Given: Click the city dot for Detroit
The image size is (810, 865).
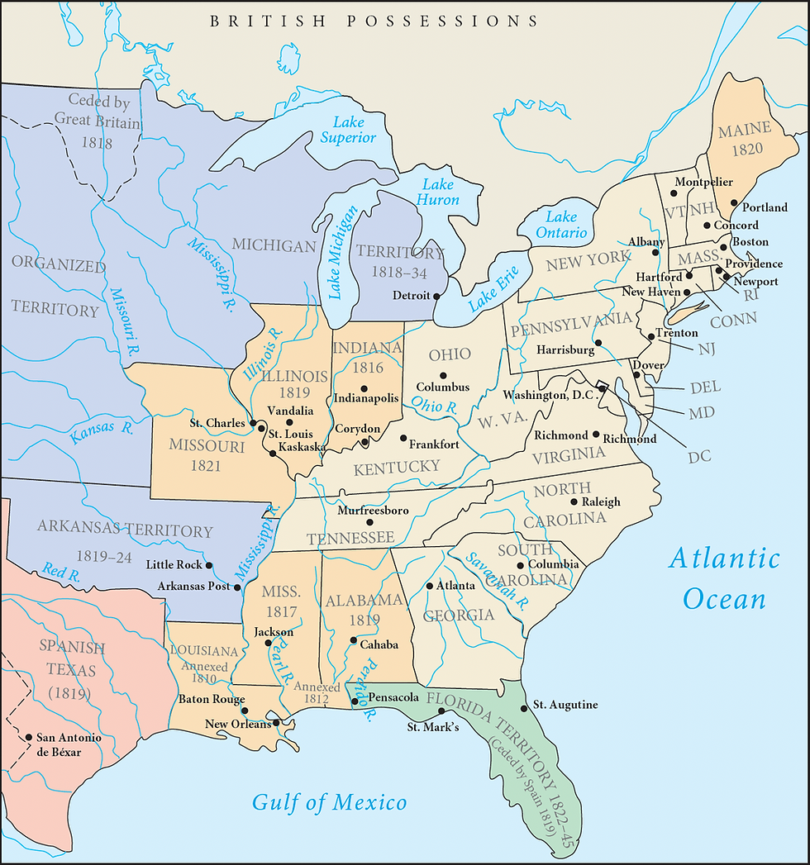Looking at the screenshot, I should tap(436, 296).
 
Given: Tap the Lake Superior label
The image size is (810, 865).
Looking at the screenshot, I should tap(348, 130).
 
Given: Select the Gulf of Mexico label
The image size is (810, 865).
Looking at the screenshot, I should tap(329, 801).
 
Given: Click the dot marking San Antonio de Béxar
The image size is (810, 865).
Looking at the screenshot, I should tap(29, 737).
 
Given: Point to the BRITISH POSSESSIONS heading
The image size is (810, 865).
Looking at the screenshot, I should tap(374, 21).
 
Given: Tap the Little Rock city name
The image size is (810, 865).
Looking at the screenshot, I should tap(174, 565).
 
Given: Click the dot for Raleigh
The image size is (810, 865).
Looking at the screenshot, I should tap(574, 501).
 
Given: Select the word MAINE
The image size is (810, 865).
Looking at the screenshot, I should tap(744, 130).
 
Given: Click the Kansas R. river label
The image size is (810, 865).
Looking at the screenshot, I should tap(102, 431).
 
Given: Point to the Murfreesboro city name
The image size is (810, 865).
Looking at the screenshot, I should tap(373, 511).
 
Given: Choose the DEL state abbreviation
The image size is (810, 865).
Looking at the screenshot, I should tap(704, 387).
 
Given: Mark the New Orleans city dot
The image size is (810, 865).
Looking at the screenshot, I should tap(275, 723).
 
